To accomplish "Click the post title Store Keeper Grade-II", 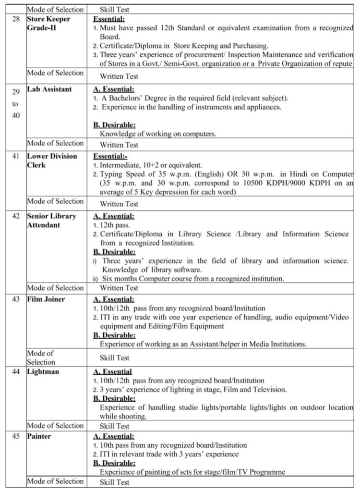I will pos(48,23).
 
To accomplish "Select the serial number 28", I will pos(16,19).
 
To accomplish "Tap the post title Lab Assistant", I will pos(49,89).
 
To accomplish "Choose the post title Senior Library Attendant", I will pos(51,221).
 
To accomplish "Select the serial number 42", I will pos(16,216).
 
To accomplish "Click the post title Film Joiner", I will pos(46,299).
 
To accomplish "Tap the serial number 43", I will pos(16,299).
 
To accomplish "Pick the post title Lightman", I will pos(43,371).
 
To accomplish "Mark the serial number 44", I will pos(16,371).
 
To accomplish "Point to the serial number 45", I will pos(16,436).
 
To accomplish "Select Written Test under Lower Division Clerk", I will pos(119,204).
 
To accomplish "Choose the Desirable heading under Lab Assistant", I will pos(114,125).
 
